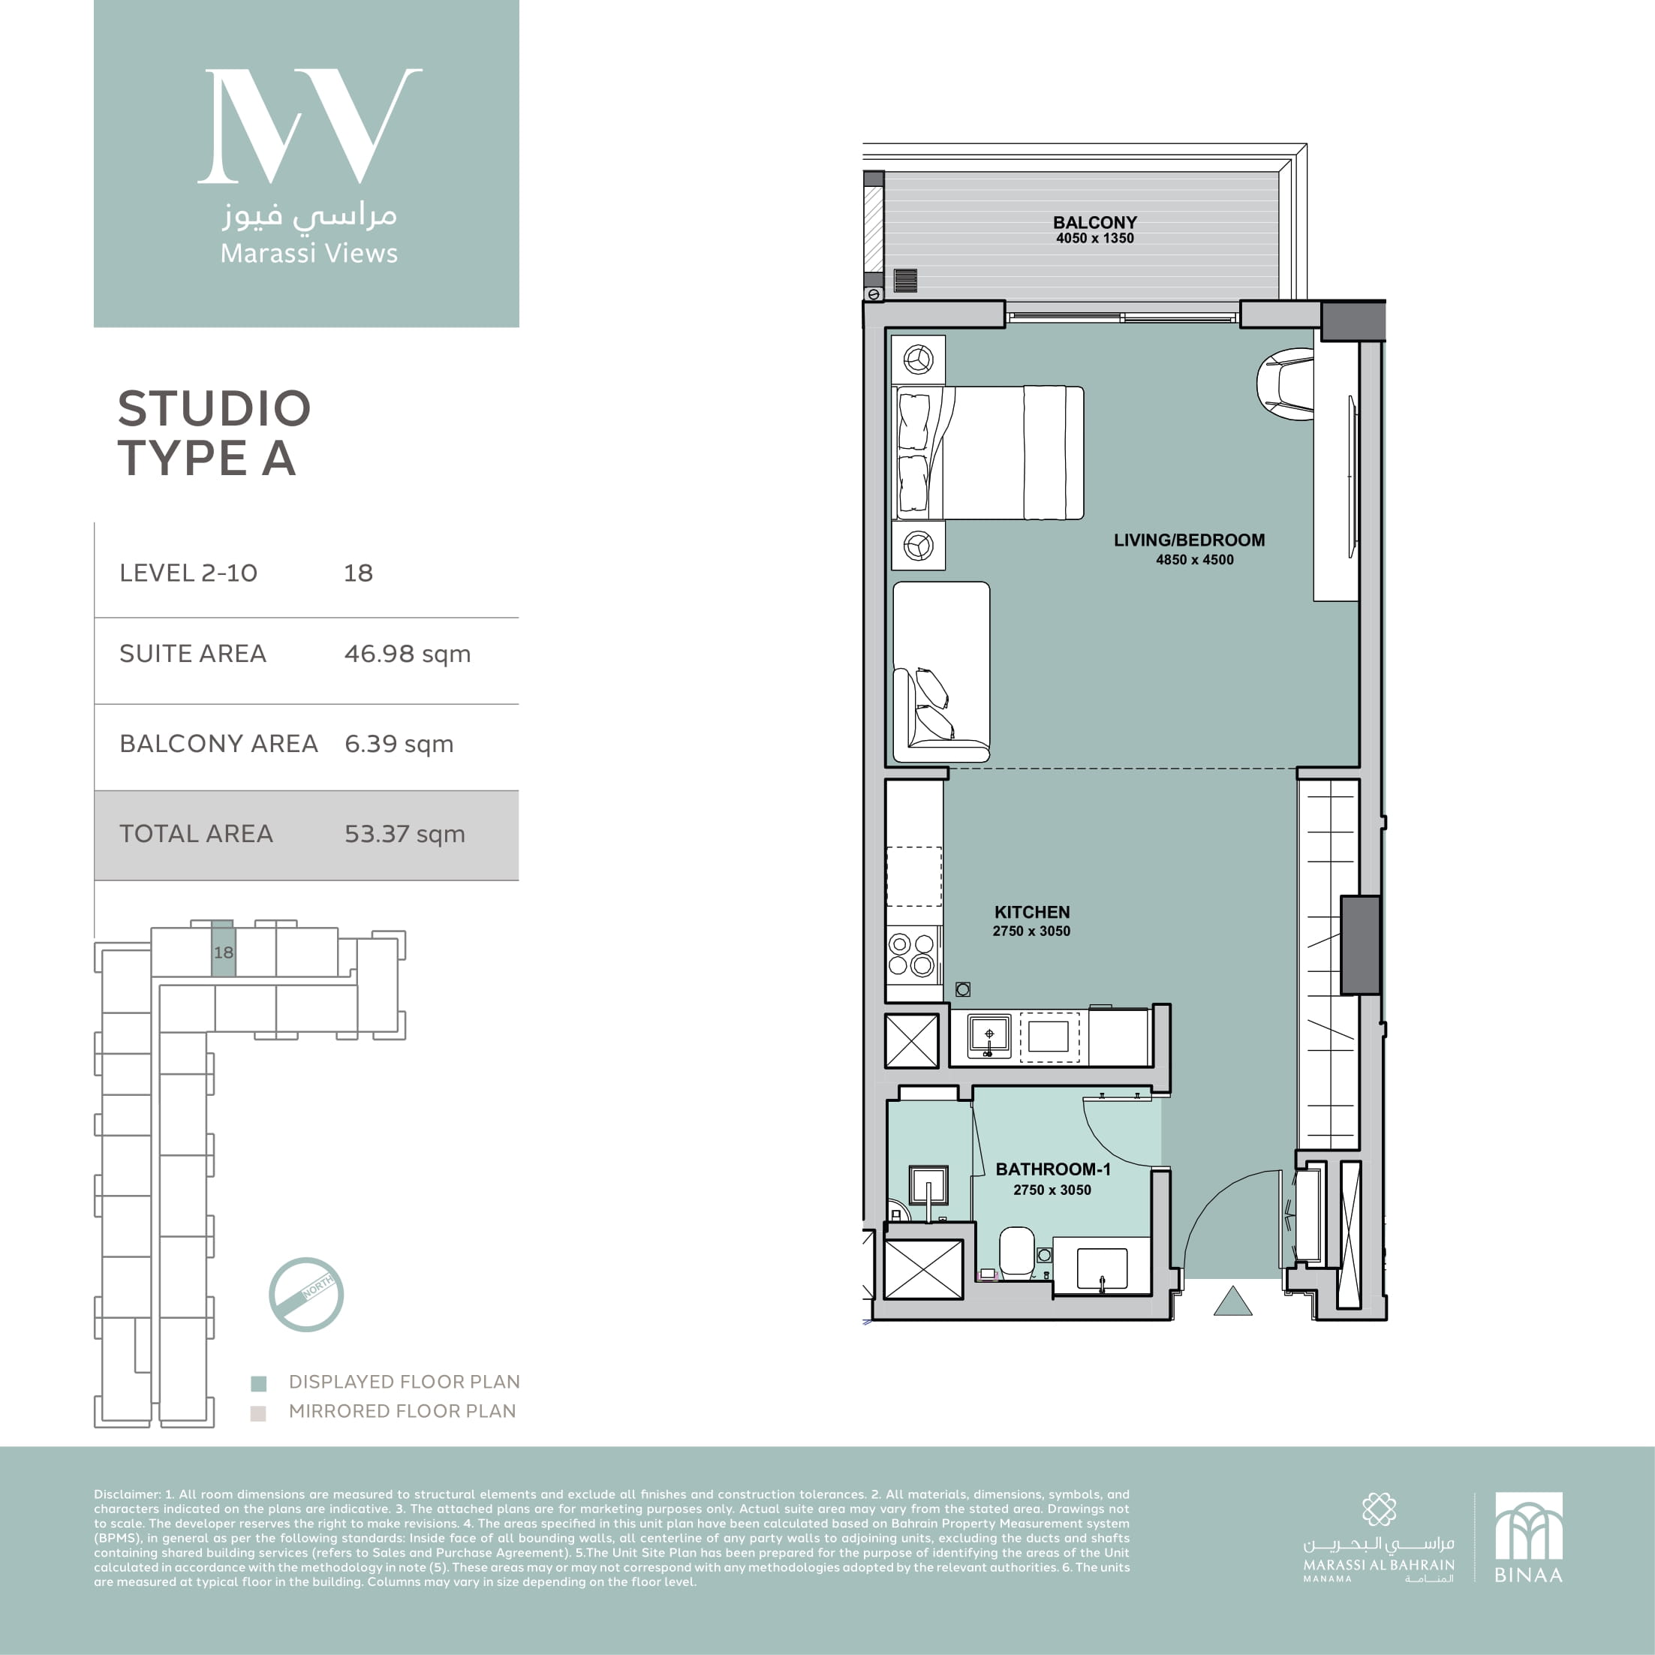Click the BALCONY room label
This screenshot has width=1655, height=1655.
(x=1095, y=223)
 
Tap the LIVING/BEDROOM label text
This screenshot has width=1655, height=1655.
(x=1189, y=540)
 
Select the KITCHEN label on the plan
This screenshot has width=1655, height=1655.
(x=1032, y=912)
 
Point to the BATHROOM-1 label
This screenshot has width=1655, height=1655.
(x=1053, y=1169)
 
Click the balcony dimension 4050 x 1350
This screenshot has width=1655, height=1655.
(x=1095, y=239)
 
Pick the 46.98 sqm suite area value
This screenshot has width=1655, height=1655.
(x=408, y=654)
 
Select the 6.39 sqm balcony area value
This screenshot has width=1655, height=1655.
(x=399, y=744)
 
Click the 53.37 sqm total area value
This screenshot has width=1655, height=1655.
(x=405, y=833)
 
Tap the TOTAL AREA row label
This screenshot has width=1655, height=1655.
(x=196, y=833)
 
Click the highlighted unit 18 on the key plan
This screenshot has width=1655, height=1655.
(x=224, y=948)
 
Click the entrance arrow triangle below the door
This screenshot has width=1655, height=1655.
(x=1232, y=1301)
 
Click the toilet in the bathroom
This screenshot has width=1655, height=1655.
(x=1017, y=1253)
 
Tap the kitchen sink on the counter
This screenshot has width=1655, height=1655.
(x=989, y=1037)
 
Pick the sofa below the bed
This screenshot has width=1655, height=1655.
(x=941, y=673)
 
